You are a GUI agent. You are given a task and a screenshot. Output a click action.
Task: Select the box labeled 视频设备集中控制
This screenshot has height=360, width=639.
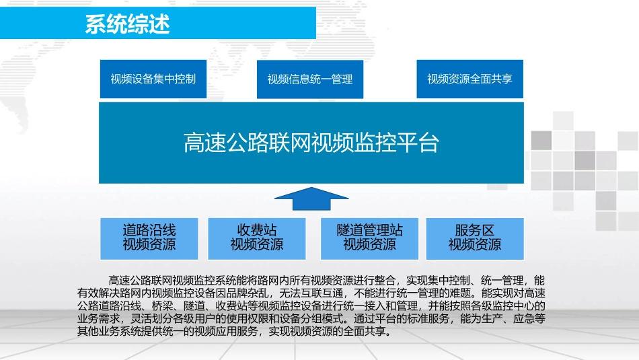153,79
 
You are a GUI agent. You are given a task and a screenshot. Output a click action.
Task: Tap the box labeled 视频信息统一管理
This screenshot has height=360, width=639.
310,79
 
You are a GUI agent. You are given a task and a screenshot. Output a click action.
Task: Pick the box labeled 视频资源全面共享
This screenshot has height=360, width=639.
469,79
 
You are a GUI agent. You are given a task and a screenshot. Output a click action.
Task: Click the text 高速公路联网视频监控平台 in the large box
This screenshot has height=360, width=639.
311,143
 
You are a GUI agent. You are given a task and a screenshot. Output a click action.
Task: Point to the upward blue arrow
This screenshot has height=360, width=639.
311,199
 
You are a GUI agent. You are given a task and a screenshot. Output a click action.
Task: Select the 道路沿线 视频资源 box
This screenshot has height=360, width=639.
149,238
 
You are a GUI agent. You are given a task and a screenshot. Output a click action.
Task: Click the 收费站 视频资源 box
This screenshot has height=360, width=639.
257,238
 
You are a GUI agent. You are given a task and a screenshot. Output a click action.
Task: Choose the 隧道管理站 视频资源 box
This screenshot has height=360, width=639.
369,238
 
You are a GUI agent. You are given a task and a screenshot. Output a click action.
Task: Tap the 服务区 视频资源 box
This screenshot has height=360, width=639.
475,238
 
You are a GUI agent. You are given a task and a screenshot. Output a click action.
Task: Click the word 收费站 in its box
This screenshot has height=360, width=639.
257,230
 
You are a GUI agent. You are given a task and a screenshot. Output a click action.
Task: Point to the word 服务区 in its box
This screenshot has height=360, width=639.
475,230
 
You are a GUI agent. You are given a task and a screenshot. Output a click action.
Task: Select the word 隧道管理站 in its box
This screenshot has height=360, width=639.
369,230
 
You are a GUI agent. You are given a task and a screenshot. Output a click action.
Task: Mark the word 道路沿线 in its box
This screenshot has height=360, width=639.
149,230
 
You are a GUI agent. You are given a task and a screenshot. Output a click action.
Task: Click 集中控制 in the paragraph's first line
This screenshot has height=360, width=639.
445,280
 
